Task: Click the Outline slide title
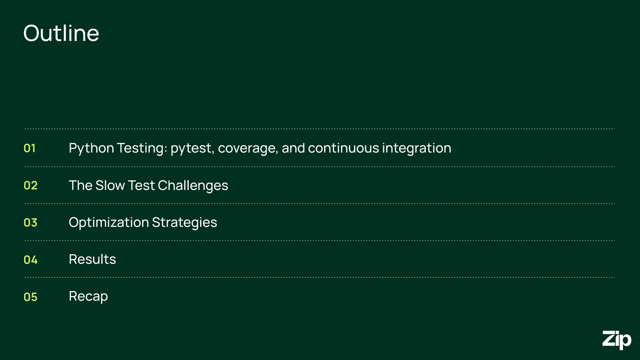pyautogui.click(x=61, y=33)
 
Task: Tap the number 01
pyautogui.click(x=30, y=148)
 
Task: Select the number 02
pyautogui.click(x=31, y=185)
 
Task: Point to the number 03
pyautogui.click(x=31, y=222)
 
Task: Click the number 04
pyautogui.click(x=31, y=260)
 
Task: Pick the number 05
pyautogui.click(x=31, y=297)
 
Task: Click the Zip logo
pyautogui.click(x=617, y=340)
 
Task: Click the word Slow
pyautogui.click(x=110, y=185)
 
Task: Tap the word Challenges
pyautogui.click(x=193, y=186)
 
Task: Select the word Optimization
pyautogui.click(x=109, y=222)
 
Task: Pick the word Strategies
pyautogui.click(x=184, y=222)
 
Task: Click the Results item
pyautogui.click(x=92, y=259)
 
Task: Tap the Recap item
pyautogui.click(x=88, y=297)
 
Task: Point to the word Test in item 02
pyautogui.click(x=141, y=185)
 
